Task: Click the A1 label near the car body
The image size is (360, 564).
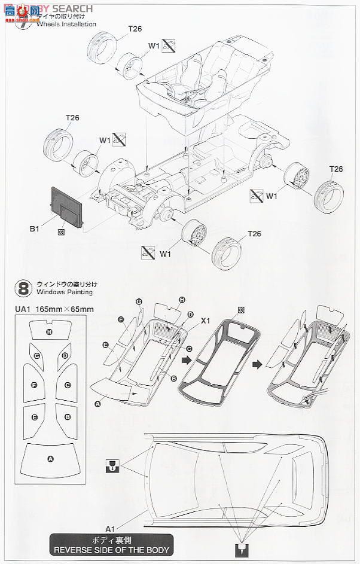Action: pos(111,529)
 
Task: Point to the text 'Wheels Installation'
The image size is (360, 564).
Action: pos(66,25)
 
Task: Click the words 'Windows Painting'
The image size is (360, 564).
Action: pos(64,292)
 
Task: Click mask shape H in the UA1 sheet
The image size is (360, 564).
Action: pos(50,332)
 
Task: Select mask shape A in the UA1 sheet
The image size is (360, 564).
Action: pos(50,459)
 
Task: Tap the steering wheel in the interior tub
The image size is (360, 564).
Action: pos(178,91)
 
